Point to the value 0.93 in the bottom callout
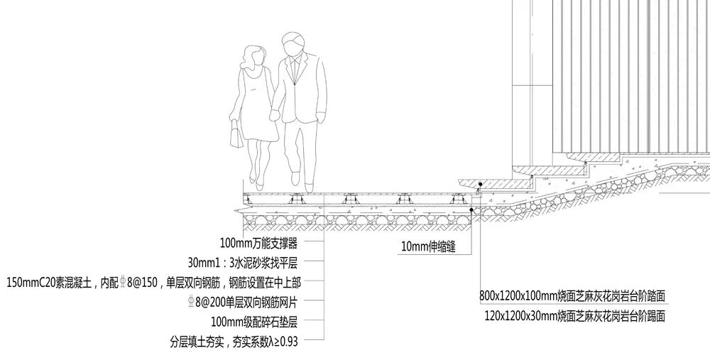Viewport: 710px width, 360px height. (x=287, y=342)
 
